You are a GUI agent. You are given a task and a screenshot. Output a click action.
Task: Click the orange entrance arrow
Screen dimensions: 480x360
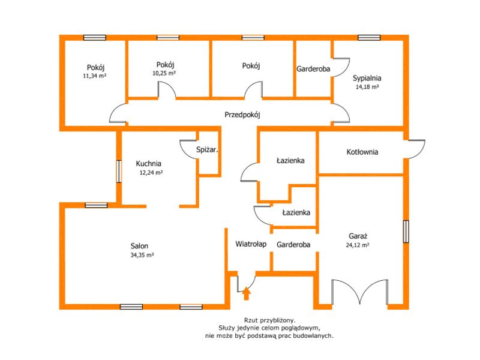click(x=247, y=293)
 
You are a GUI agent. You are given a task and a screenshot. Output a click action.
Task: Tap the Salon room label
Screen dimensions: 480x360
click(x=139, y=246)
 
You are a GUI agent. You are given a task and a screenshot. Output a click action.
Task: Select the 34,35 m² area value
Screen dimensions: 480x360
click(x=142, y=254)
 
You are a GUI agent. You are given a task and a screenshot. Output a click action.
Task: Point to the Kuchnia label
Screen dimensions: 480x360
click(x=148, y=163)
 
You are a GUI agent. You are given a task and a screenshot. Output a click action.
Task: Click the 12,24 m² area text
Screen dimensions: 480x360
click(x=151, y=172)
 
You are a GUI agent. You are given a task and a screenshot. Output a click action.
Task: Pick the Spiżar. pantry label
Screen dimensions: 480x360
click(x=207, y=150)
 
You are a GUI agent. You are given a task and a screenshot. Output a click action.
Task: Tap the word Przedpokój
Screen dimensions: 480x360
click(x=242, y=115)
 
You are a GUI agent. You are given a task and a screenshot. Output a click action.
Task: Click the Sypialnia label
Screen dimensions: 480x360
click(x=367, y=78)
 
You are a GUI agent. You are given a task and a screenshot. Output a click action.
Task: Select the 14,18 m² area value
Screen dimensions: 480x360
click(x=367, y=87)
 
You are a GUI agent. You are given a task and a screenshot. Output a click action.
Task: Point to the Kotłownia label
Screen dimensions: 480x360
click(x=362, y=152)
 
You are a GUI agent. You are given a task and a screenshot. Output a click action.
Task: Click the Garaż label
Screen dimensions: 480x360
click(x=358, y=236)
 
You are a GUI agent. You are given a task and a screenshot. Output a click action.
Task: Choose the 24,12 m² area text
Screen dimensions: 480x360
click(x=358, y=245)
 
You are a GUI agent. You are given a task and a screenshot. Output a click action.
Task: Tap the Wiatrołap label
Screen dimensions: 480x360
click(x=251, y=244)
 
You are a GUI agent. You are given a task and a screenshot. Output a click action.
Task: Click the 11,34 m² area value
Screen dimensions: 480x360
click(x=95, y=76)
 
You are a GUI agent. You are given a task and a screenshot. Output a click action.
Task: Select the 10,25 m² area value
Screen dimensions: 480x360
click(x=164, y=73)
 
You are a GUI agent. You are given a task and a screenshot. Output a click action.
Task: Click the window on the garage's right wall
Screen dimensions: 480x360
click(x=406, y=232)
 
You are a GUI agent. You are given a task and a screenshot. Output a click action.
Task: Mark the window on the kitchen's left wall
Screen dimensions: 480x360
click(x=119, y=172)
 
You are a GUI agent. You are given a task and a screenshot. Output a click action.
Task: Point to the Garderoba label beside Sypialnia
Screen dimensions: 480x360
click(x=313, y=69)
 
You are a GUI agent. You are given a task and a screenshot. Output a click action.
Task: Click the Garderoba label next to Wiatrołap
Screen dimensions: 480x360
click(x=293, y=245)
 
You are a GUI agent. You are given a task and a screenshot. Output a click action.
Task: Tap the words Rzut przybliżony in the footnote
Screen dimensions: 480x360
click(x=269, y=320)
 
